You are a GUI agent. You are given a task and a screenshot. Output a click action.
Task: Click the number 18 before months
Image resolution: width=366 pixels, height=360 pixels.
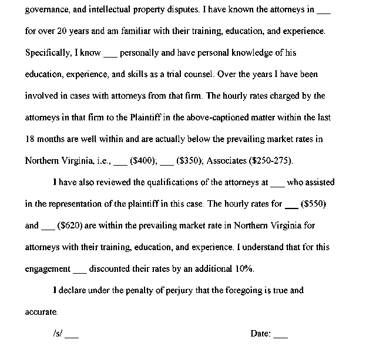[30, 139]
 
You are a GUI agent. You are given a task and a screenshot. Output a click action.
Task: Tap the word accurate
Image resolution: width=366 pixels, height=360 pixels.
[42, 311]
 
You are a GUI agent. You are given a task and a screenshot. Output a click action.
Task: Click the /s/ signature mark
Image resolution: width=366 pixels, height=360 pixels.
[58, 334]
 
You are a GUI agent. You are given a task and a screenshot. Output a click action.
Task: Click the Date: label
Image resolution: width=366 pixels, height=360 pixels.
[261, 334]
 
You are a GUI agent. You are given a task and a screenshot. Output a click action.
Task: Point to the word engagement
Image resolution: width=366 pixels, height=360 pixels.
[48, 269]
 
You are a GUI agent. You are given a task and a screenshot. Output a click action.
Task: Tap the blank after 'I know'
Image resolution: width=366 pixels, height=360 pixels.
[110, 55]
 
